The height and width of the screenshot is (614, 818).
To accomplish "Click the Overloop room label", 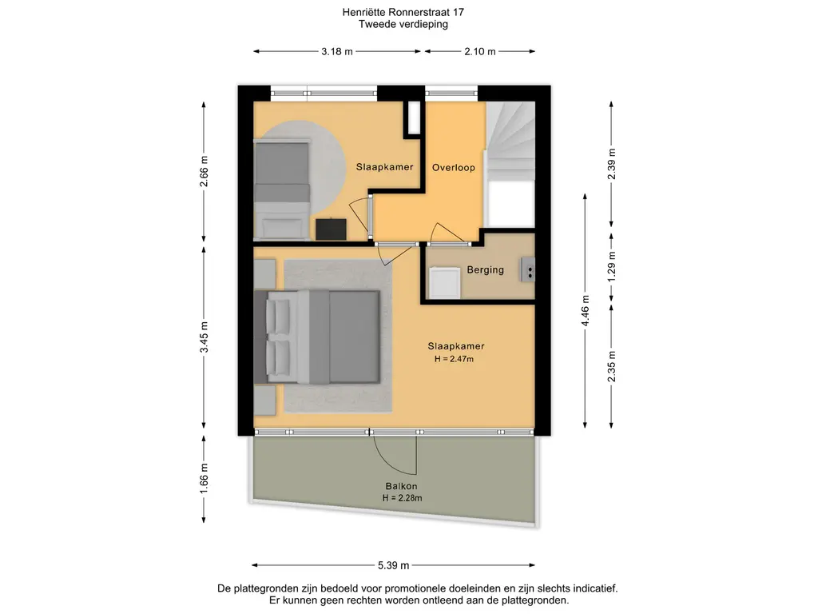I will [x=454, y=168].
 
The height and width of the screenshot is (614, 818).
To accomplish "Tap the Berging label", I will [x=486, y=270].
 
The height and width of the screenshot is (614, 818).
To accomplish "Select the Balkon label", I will [x=402, y=486].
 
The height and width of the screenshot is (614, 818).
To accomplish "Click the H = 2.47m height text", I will [x=455, y=359].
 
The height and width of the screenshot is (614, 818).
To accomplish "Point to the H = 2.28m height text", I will [x=402, y=498].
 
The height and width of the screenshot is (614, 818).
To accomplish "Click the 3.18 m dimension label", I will [x=337, y=52].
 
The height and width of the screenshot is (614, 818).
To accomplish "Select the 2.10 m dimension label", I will [x=480, y=52].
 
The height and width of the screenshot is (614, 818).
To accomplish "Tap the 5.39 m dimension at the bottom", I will [x=394, y=564].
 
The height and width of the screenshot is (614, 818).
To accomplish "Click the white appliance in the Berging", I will [x=444, y=282].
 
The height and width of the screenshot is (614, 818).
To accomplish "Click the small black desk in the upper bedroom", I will [x=331, y=229].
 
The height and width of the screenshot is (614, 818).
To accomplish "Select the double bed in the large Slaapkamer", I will [x=320, y=335].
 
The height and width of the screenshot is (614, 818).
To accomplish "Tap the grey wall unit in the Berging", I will [x=528, y=269].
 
